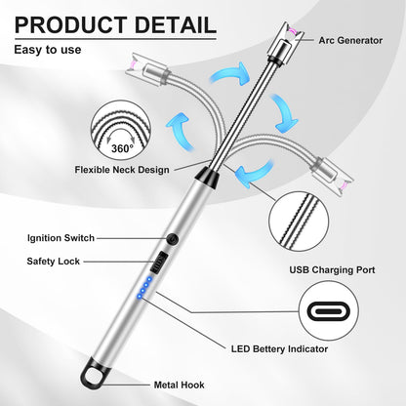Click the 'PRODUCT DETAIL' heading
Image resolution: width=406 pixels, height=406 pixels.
tap(115, 25)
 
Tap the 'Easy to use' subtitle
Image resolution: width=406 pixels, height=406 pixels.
tap(48, 50)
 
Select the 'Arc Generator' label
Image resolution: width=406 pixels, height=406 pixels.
tap(350, 40)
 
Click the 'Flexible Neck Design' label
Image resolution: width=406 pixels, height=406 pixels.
tap(122, 170)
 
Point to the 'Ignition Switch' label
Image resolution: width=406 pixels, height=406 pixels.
tap(61, 238)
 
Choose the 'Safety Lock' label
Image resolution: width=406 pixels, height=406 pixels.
tap(54, 262)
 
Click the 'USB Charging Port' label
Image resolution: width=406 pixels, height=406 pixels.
tap(332, 269)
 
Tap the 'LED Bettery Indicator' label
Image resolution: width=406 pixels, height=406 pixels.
tap(279, 349)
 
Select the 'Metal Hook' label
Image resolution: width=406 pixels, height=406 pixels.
tap(179, 385)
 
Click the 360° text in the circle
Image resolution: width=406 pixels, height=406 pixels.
tap(122, 148)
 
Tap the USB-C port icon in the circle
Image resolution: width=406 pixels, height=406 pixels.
tap(329, 311)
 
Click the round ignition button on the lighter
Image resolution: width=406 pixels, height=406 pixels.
tap(172, 239)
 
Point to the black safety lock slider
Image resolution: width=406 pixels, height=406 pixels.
tap(159, 262)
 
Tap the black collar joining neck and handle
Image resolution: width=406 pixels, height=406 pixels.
tap(208, 178)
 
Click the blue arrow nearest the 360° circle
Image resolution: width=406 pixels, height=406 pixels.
tap(180, 130)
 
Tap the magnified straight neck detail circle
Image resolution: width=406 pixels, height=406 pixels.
tap(299, 222)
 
